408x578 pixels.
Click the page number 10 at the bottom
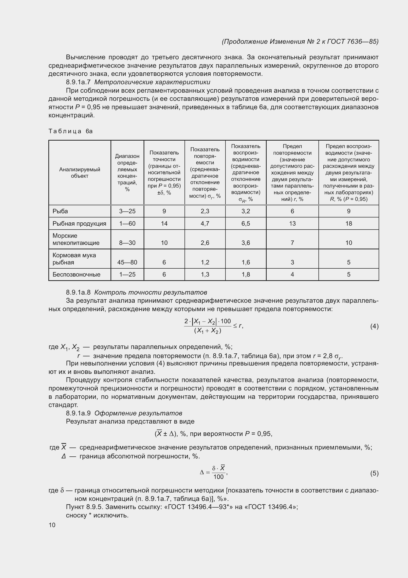[x=52, y=525]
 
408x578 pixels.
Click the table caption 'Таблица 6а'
[x=71, y=131]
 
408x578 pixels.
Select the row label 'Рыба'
[x=60, y=211]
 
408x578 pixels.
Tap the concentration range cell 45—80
[x=127, y=262]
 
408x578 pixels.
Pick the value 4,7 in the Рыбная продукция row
[x=205, y=224]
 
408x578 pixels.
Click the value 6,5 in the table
[x=246, y=224]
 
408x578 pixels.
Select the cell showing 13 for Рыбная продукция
[x=292, y=224]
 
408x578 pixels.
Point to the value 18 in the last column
[x=349, y=224]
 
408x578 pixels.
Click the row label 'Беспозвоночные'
[x=76, y=274]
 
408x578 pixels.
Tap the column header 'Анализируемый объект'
[x=80, y=173]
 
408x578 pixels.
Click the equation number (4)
[x=374, y=326]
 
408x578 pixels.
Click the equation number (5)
[x=374, y=473]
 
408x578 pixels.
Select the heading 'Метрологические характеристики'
[x=152, y=82]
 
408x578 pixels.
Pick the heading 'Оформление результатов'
[x=138, y=413]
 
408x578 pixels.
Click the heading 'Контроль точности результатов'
[x=150, y=292]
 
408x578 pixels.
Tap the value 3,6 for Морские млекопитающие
[x=246, y=243]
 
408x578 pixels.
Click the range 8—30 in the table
[x=127, y=243]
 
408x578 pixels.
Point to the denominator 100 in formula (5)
[x=218, y=477]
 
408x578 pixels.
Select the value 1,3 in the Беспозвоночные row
[x=205, y=274]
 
